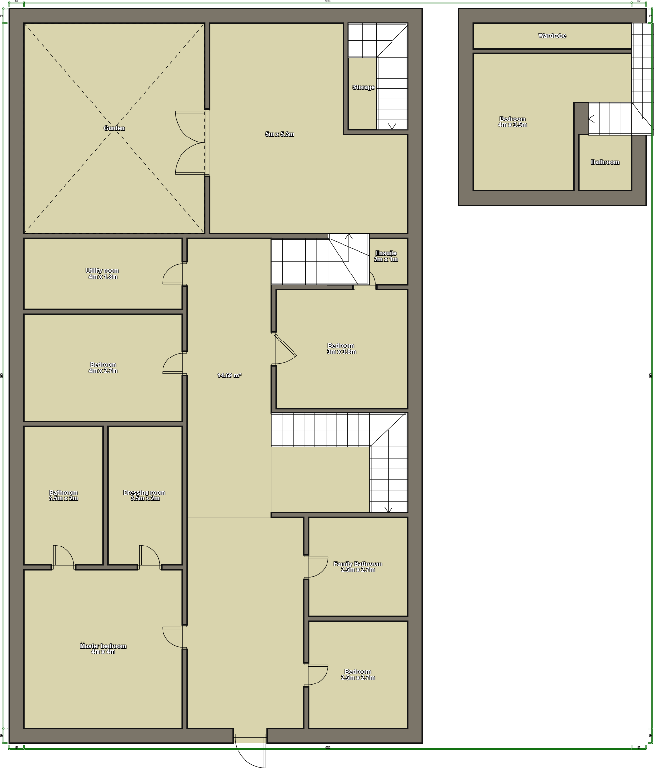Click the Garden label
(x=114, y=128)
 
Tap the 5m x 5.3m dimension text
(x=279, y=134)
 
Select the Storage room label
(x=363, y=87)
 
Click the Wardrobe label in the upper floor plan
(x=552, y=36)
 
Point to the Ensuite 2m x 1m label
(x=386, y=256)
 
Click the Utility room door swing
(x=173, y=274)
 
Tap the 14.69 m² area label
(x=229, y=375)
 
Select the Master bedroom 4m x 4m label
(x=103, y=649)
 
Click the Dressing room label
(x=144, y=495)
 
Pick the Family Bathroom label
(x=358, y=566)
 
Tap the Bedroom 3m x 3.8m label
(x=341, y=349)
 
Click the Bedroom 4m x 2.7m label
(x=103, y=368)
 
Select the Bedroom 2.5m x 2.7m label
(x=358, y=674)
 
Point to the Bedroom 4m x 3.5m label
(x=512, y=122)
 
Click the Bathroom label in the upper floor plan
(x=605, y=162)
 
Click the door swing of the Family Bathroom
(x=318, y=567)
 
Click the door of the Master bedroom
(x=174, y=637)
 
